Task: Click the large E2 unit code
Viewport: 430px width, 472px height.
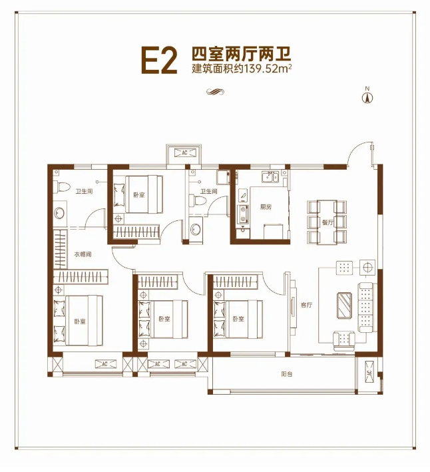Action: click(158, 59)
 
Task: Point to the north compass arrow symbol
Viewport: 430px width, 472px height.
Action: click(365, 97)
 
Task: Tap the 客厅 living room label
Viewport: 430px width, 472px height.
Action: click(306, 305)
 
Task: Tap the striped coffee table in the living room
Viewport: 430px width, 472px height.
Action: click(345, 307)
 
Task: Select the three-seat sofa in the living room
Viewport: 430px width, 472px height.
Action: click(367, 306)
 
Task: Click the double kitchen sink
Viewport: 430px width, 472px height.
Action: click(271, 176)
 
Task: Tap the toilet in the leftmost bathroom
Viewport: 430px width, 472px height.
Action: click(60, 187)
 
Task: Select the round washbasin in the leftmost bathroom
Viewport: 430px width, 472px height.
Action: click(59, 214)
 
